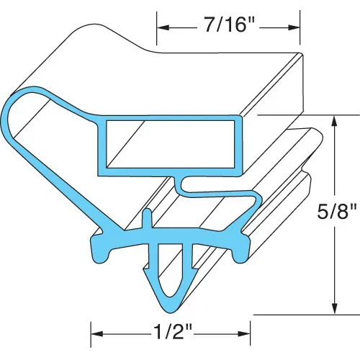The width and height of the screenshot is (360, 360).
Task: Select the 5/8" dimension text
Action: pyautogui.click(x=336, y=210)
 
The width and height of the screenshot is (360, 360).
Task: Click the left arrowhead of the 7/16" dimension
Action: pyautogui.click(x=162, y=28)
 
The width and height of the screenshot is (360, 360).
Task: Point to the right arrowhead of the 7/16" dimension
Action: pyautogui.click(x=294, y=28)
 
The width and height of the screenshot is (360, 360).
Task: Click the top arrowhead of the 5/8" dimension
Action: pyautogui.click(x=334, y=121)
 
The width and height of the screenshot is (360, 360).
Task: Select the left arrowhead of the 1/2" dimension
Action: pyautogui.click(x=96, y=333)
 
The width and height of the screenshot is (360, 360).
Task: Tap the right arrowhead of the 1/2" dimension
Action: pyautogui.click(x=245, y=333)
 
